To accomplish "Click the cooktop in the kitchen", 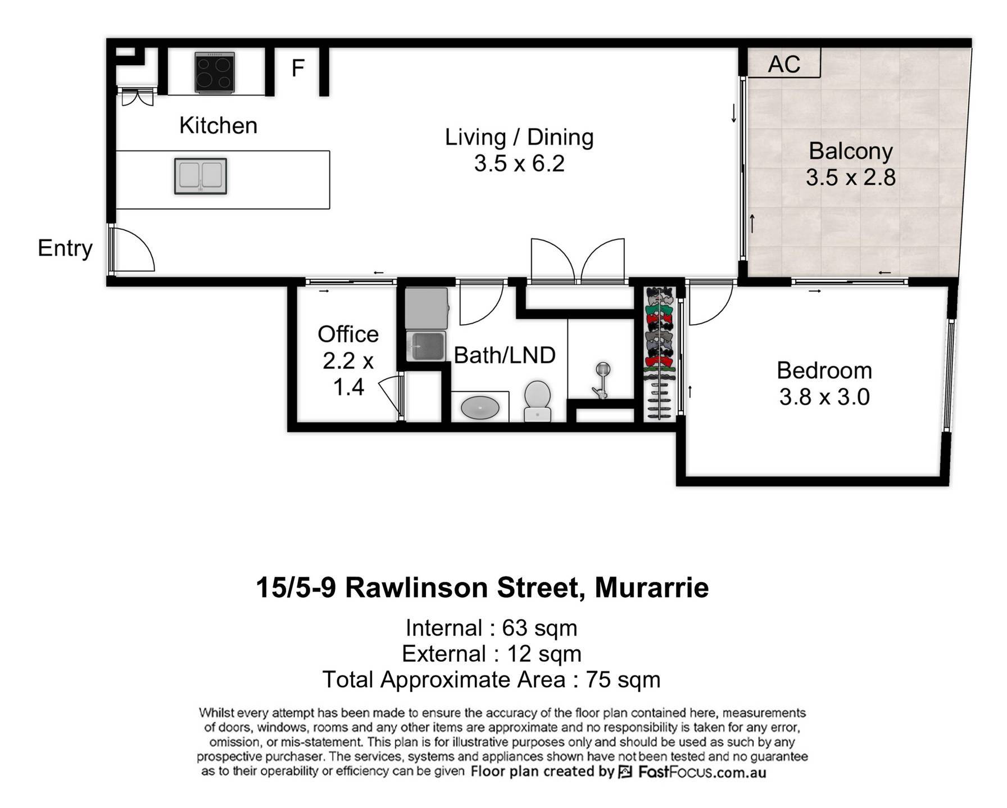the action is [x=215, y=72].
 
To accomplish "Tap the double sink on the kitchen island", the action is [x=201, y=176].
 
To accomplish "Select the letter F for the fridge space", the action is [x=298, y=68].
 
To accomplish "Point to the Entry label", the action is [x=65, y=248].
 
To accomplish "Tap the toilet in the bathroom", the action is [x=537, y=401].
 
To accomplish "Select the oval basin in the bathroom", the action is [x=480, y=407].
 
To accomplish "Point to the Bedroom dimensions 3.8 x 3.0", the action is [x=824, y=397].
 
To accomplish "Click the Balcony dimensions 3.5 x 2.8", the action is [x=851, y=177].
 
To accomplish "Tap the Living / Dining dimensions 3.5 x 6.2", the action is [x=519, y=164].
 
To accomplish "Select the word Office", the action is [x=348, y=334].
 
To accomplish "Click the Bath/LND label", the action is [x=505, y=355].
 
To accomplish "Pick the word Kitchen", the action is [x=218, y=125].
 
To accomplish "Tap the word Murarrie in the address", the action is [x=652, y=588].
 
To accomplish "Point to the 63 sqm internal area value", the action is [x=539, y=628].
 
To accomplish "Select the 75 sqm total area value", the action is [x=623, y=680].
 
